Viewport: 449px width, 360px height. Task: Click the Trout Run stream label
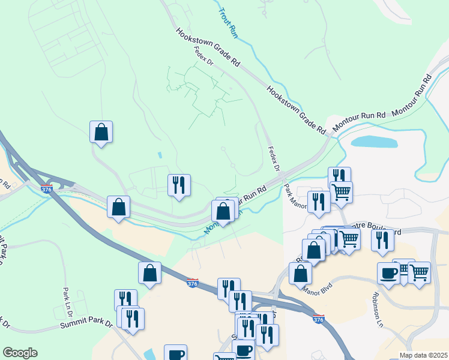[228, 23]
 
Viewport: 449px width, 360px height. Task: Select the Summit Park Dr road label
[86, 325]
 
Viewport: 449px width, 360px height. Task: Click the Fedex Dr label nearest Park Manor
[274, 159]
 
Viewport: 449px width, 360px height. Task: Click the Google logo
[20, 353]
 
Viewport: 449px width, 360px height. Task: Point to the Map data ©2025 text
[424, 355]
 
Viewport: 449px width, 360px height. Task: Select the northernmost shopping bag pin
[101, 132]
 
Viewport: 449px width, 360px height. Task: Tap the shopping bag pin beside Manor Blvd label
[300, 273]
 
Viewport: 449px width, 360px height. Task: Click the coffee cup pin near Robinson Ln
[388, 272]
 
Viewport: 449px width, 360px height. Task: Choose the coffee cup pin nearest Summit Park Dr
[175, 353]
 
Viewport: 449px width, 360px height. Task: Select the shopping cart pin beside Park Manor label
[341, 192]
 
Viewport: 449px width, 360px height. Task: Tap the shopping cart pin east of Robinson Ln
[419, 272]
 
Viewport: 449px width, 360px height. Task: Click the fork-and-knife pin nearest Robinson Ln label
[382, 240]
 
